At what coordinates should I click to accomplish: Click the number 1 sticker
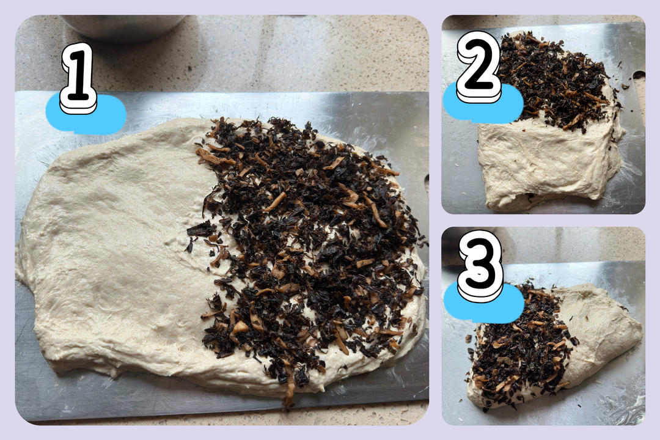pyautogui.click(x=78, y=78)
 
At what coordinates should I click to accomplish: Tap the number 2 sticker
pyautogui.click(x=479, y=67)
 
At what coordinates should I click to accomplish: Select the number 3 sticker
pyautogui.click(x=480, y=265)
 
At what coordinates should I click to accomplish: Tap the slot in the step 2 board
pyautogui.click(x=639, y=75)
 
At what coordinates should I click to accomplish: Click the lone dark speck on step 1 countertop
pyautogui.click(x=188, y=68)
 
